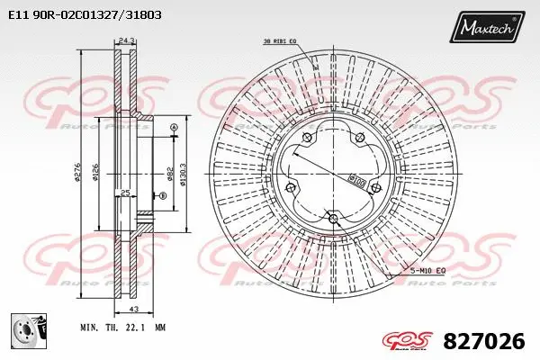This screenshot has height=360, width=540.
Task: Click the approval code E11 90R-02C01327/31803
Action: pyautogui.click(x=91, y=15)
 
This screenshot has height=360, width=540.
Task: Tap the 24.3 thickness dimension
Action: pyautogui.click(x=126, y=40)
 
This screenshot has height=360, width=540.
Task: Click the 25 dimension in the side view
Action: pyautogui.click(x=126, y=193)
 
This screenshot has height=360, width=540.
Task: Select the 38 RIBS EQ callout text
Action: pyautogui.click(x=280, y=41)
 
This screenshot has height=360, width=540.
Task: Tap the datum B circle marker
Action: pyautogui.click(x=163, y=196)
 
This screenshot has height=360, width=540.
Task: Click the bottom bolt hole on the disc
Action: pyautogui.click(x=333, y=218)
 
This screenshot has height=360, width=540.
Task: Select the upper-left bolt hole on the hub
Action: pyautogui.click(x=307, y=137)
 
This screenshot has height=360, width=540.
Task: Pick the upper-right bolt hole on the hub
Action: pyautogui.click(x=359, y=137)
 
